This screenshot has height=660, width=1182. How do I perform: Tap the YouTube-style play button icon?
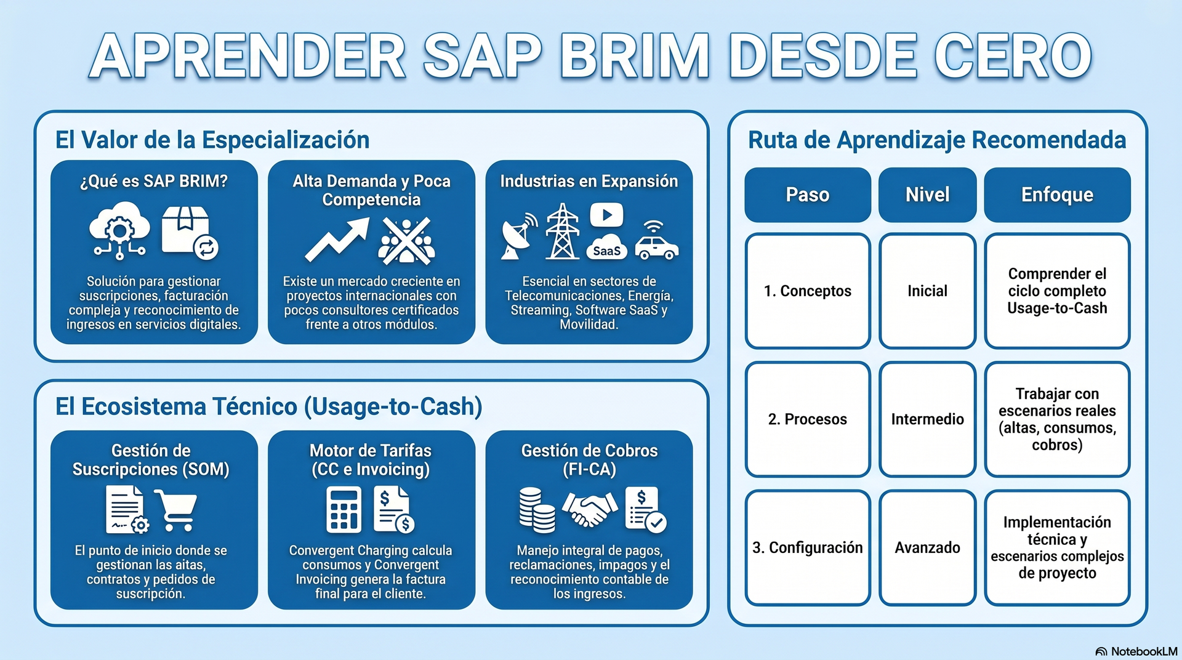[606, 215]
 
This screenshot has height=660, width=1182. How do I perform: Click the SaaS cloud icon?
[606, 247]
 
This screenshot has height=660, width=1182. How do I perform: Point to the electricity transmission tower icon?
[563, 231]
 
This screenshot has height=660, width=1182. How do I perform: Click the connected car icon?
[656, 241]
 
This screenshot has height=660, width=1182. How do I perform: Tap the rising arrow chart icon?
[337, 240]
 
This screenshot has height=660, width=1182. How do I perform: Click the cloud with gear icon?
[119, 231]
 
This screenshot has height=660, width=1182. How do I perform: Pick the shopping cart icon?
[176, 510]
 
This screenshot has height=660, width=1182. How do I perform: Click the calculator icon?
[344, 510]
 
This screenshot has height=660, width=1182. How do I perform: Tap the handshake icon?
[590, 509]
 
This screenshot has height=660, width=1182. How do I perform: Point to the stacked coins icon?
[537, 510]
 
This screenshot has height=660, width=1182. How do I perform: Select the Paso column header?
[808, 195]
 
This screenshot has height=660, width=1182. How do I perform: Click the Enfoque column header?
[1057, 195]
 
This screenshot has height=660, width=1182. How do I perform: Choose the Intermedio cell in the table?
[928, 419]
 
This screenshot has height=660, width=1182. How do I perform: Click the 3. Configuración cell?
[808, 548]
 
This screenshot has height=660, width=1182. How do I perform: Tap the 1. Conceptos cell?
[808, 291]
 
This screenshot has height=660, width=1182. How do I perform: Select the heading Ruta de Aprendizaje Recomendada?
[937, 140]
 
